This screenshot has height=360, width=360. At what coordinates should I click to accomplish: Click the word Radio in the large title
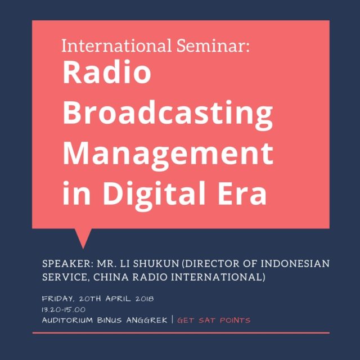coord(107,72)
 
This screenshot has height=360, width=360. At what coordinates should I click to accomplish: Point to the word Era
coord(242,193)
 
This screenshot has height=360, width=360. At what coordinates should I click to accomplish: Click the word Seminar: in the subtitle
coord(213,46)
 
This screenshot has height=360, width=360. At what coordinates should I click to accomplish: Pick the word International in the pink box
coord(116,46)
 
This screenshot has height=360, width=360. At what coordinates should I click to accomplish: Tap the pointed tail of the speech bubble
coord(83,248)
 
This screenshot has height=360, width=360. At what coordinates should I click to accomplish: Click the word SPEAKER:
coord(67,264)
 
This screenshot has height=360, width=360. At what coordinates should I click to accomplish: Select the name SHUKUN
coord(156,264)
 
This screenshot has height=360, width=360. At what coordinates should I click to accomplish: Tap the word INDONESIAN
coord(295,264)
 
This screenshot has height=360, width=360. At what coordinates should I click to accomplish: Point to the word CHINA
coord(111,277)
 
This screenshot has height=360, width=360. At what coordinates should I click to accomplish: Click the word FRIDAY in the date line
coord(58,299)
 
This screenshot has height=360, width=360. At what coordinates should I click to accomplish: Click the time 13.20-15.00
coord(64,309)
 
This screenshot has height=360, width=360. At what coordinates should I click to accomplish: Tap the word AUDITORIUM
coord(67,320)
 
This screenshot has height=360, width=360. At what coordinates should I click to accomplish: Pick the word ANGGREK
coord(147,320)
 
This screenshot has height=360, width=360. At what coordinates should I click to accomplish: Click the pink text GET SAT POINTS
coord(214,320)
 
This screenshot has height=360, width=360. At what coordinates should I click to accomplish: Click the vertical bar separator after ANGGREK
coord(173,319)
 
